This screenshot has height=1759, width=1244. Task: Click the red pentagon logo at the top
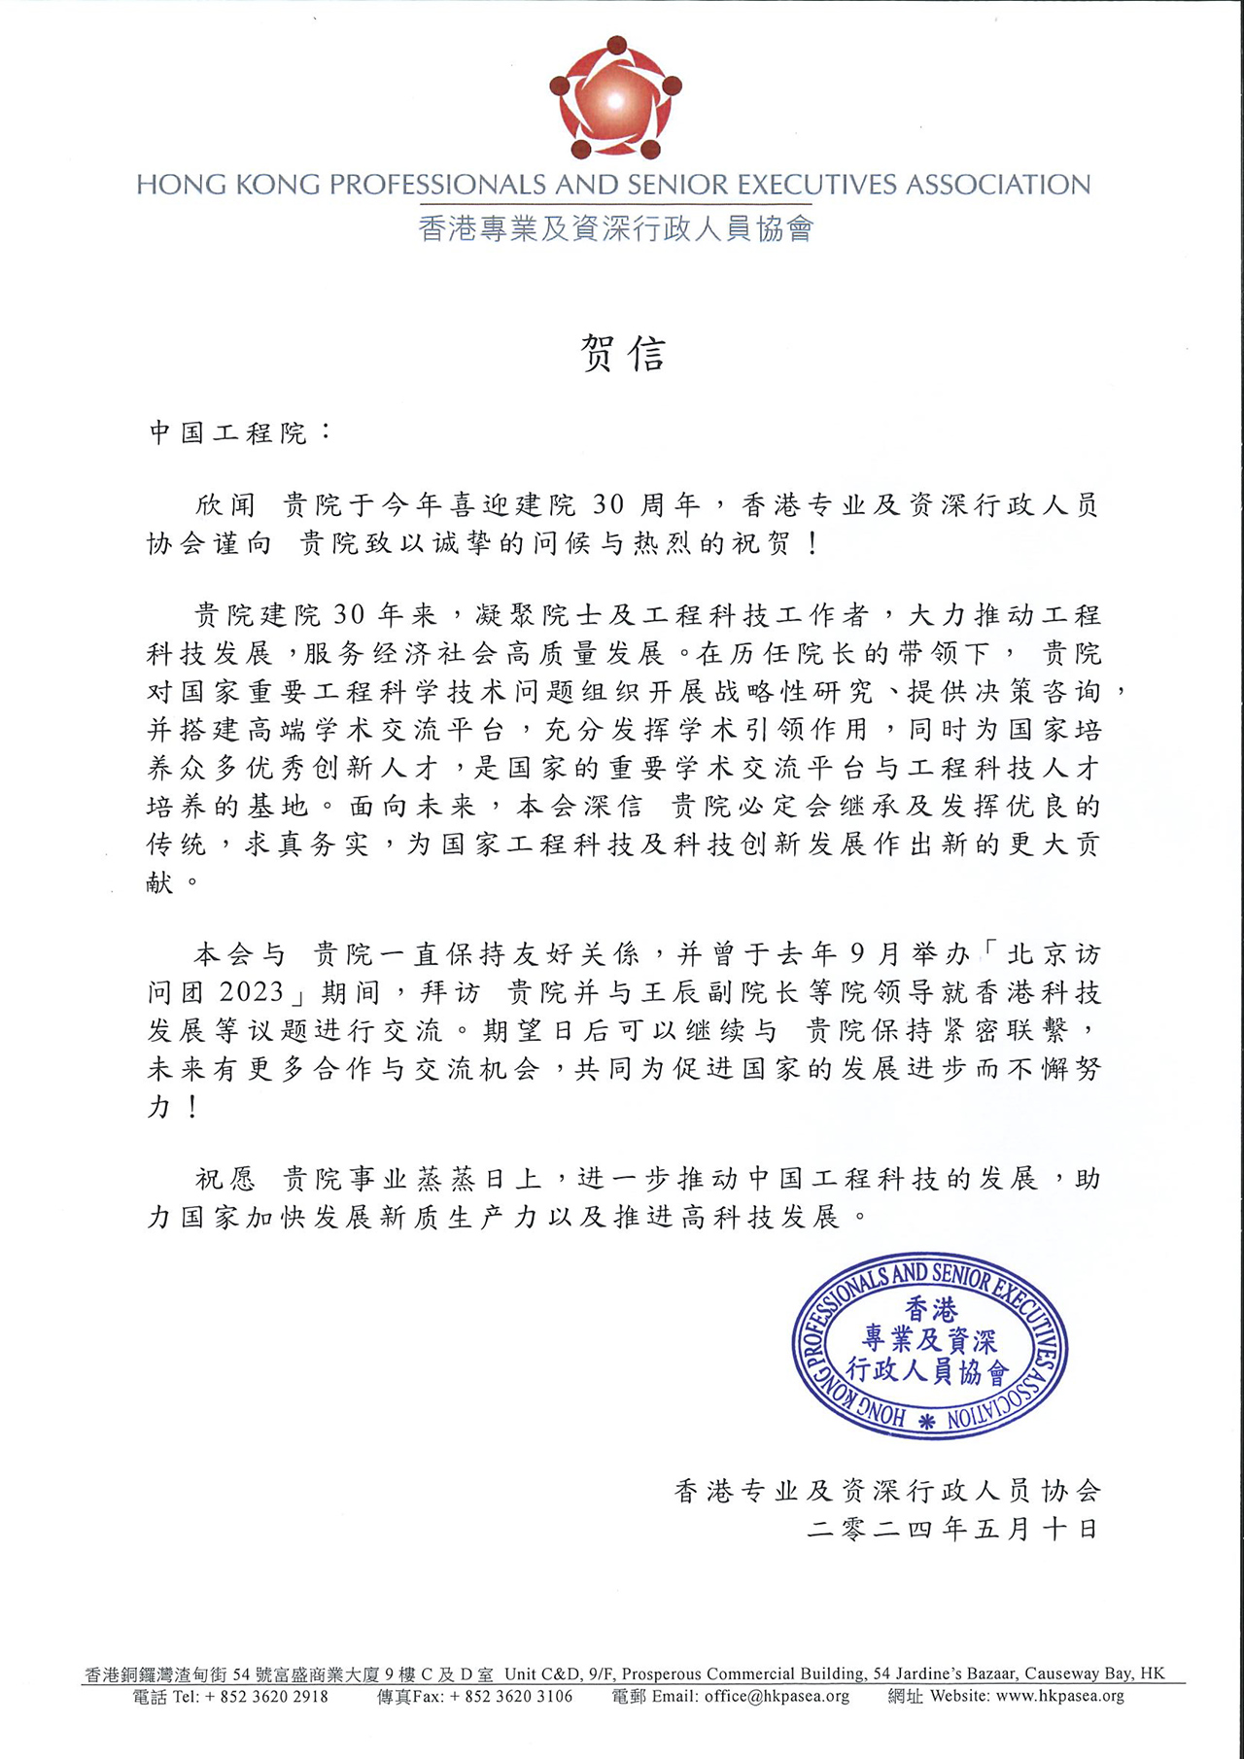coord(614,99)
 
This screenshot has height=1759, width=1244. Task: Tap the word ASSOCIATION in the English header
coord(998,185)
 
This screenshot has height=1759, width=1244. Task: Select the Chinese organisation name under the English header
coord(615,228)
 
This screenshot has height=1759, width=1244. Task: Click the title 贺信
coord(622,354)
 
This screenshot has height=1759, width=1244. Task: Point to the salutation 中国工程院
coord(229,432)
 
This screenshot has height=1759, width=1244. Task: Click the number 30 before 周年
coord(608,504)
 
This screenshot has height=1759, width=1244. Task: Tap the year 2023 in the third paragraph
coord(252,992)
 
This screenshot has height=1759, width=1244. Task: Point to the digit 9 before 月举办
coord(856,954)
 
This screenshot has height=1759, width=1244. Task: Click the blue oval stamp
coord(929,1345)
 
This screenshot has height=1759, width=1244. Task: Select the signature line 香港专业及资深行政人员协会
coord(887,1491)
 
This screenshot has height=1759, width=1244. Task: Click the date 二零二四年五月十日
coord(952,1530)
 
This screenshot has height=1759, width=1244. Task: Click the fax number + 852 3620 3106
coord(511,1697)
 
